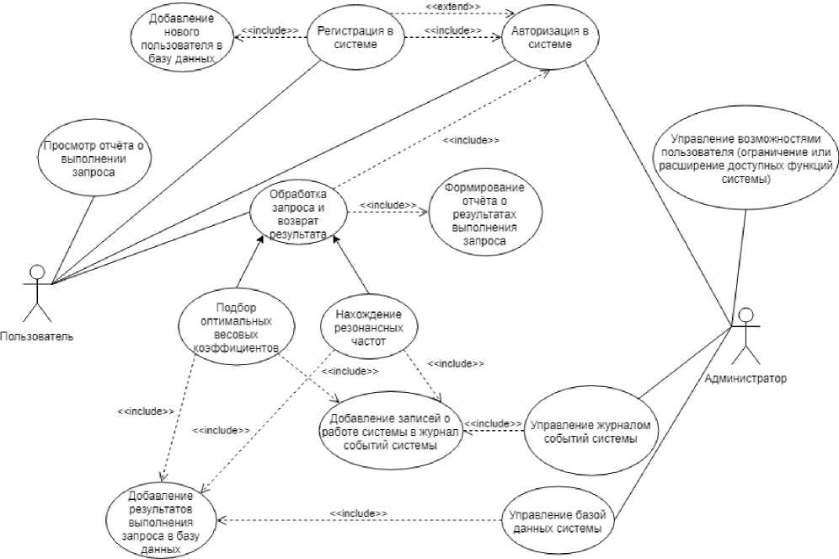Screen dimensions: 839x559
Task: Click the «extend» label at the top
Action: pos(452,6)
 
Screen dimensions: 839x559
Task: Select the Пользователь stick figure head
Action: pos(36,271)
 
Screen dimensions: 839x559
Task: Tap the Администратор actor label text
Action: pos(745,379)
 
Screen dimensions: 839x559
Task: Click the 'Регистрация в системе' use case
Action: pos(355,37)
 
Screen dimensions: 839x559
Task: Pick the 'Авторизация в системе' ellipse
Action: pos(550,37)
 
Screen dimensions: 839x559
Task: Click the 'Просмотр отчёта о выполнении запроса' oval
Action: pos(94,159)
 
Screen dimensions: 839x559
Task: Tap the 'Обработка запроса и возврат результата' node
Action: pos(298,212)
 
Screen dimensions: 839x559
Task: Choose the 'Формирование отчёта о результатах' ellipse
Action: pos(484,214)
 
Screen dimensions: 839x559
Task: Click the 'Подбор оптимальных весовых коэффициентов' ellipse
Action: pos(236,326)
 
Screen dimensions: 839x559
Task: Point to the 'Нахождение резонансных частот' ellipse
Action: pos(369,326)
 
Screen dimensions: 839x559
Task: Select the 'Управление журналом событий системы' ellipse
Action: pos(591,432)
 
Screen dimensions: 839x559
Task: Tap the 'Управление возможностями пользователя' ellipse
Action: pos(745,159)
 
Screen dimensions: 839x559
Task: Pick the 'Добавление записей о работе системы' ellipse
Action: pos(390,432)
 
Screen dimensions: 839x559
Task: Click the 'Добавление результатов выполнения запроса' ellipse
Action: pos(161,521)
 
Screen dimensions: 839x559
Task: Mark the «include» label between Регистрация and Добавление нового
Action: pos(270,30)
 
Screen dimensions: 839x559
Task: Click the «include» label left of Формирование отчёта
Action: pos(387,205)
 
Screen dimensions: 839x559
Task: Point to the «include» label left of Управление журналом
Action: pos(493,423)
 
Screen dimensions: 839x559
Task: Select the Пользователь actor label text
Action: pos(37,336)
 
